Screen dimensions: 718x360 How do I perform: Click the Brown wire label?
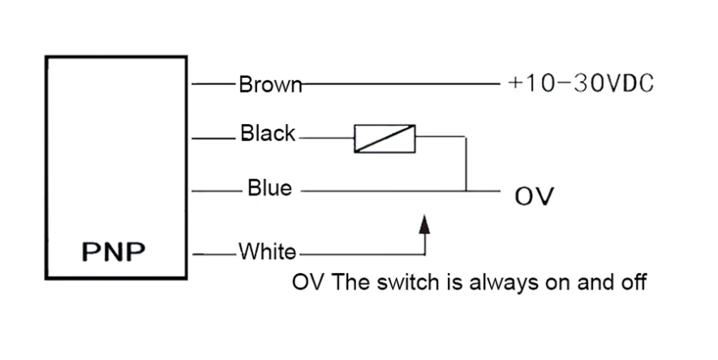270,84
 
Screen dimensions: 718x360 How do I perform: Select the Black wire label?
268,133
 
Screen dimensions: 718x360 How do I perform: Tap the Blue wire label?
269,188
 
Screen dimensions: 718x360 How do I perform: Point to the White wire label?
267,251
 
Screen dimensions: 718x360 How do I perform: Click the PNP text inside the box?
114,251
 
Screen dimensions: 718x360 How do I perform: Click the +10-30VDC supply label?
581,84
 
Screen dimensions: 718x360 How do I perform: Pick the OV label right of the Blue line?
534,195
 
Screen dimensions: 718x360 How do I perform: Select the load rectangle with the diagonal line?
385,139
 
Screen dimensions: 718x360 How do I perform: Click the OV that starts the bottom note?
307,282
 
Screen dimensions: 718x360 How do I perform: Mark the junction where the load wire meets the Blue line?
466,191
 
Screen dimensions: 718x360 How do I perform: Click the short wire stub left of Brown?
213,84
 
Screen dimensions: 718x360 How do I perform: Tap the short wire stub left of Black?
213,138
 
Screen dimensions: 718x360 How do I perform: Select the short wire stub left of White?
215,255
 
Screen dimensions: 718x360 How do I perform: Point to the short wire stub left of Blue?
217,191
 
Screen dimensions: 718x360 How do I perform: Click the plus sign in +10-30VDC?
515,84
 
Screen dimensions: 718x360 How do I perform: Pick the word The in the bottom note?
350,282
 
